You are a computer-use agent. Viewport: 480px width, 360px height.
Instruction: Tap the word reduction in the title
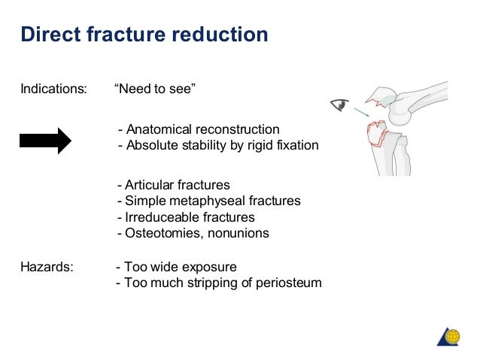pyautogui.click(x=220, y=35)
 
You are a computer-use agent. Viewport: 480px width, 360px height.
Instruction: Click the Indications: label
pyautogui.click(x=53, y=89)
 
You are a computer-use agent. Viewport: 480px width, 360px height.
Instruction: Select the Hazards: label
pyautogui.click(x=47, y=267)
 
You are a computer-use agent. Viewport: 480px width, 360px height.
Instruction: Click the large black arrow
pyautogui.click(x=45, y=140)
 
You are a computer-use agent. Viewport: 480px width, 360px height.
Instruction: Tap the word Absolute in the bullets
pyautogui.click(x=150, y=145)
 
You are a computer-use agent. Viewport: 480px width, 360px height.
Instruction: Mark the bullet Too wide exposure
pyautogui.click(x=176, y=267)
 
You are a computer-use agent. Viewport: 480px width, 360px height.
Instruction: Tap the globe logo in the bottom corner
pyautogui.click(x=450, y=336)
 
